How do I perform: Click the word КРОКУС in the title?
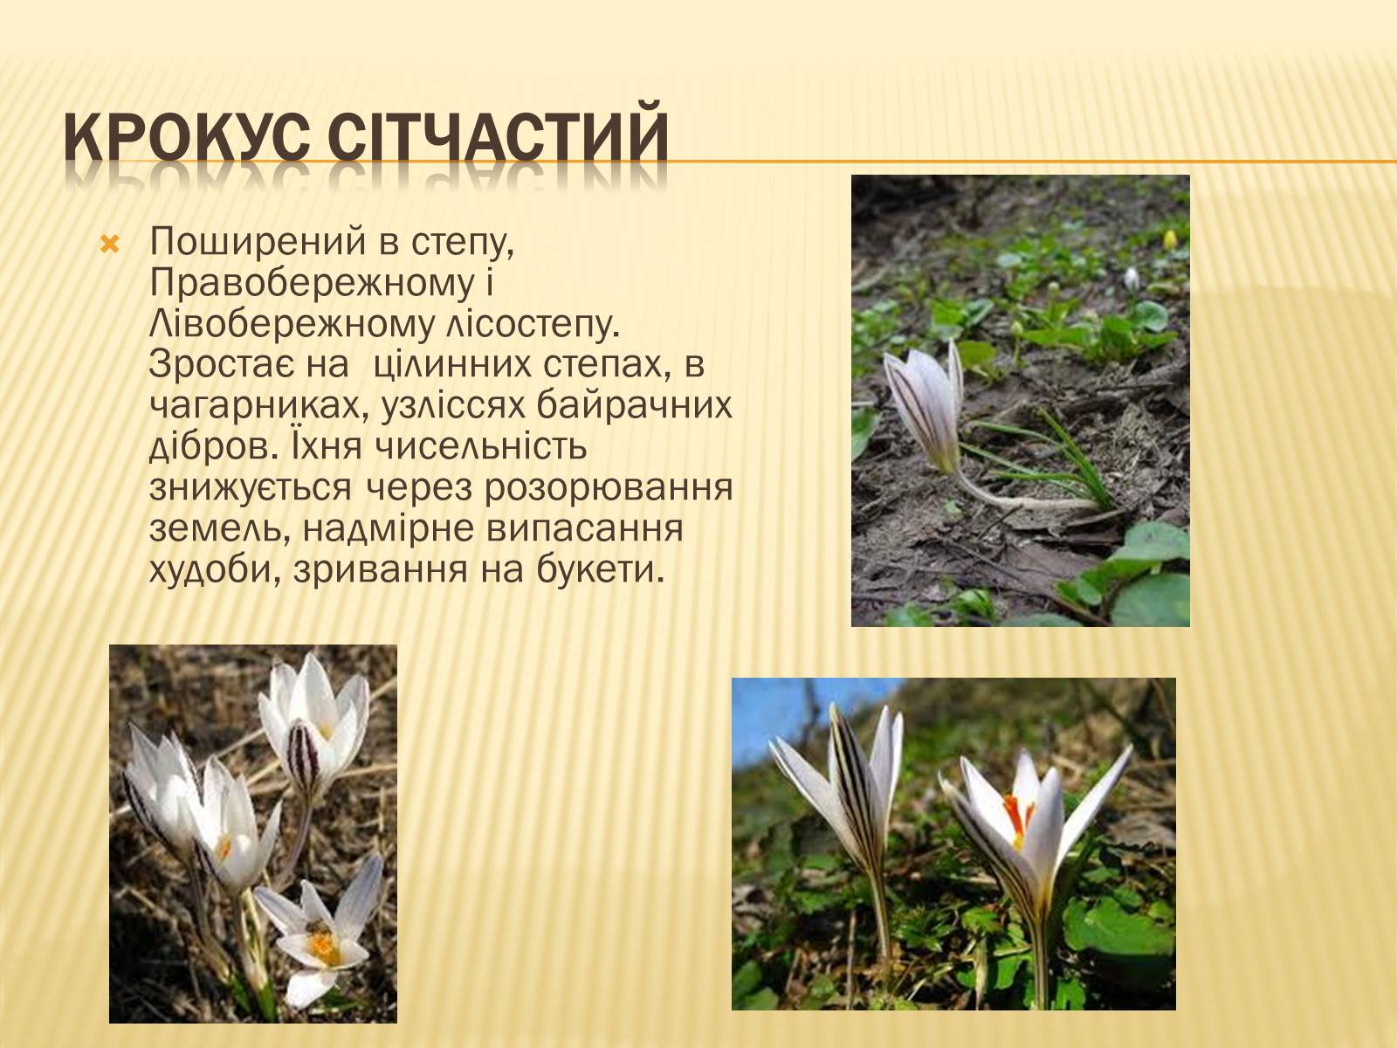point(187,137)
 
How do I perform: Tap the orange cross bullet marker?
point(110,245)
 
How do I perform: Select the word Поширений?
point(257,243)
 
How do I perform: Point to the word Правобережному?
point(312,283)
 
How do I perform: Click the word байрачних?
point(634,405)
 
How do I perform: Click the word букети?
point(600,569)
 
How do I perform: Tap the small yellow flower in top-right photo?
point(1170,239)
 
